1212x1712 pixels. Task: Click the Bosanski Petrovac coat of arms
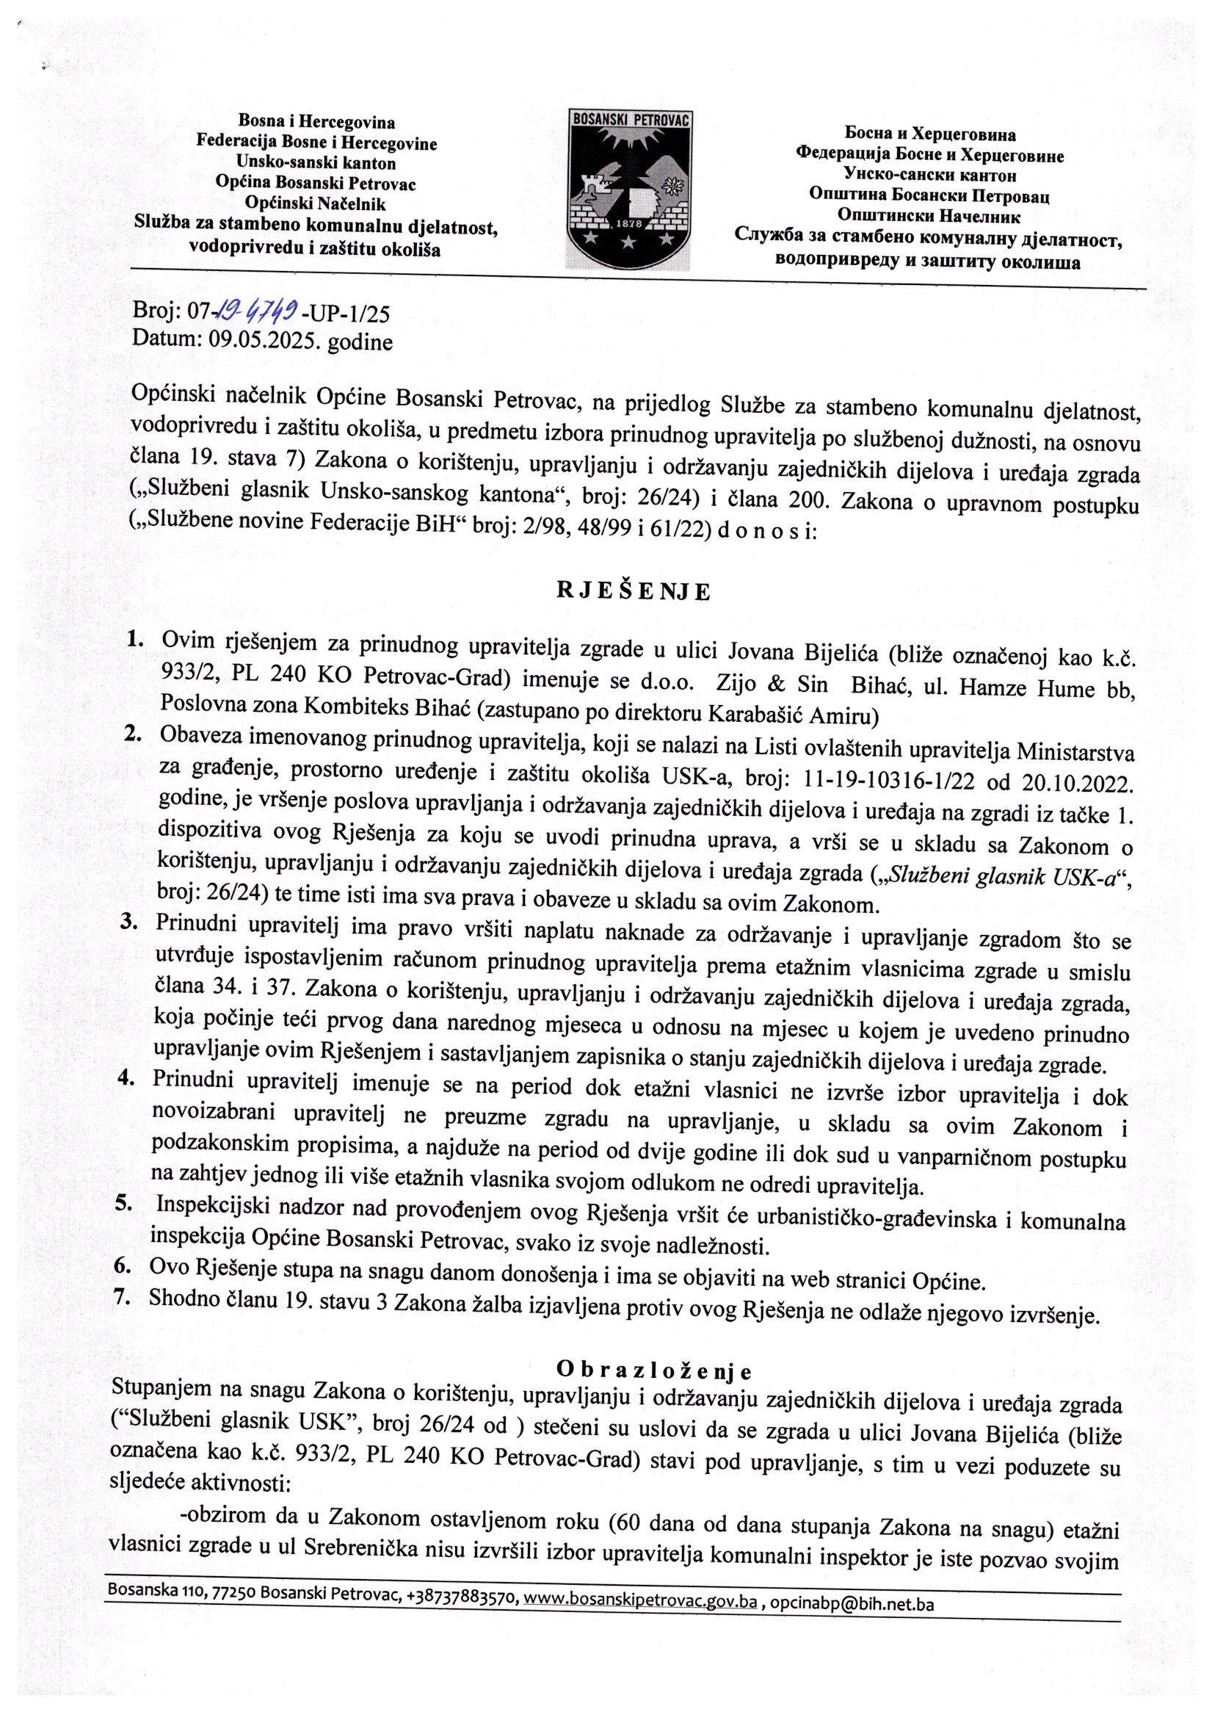click(x=631, y=189)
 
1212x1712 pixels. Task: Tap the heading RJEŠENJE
click(x=634, y=591)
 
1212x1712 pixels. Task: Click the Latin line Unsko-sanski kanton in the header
click(x=316, y=162)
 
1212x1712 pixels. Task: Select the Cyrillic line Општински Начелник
click(x=929, y=217)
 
